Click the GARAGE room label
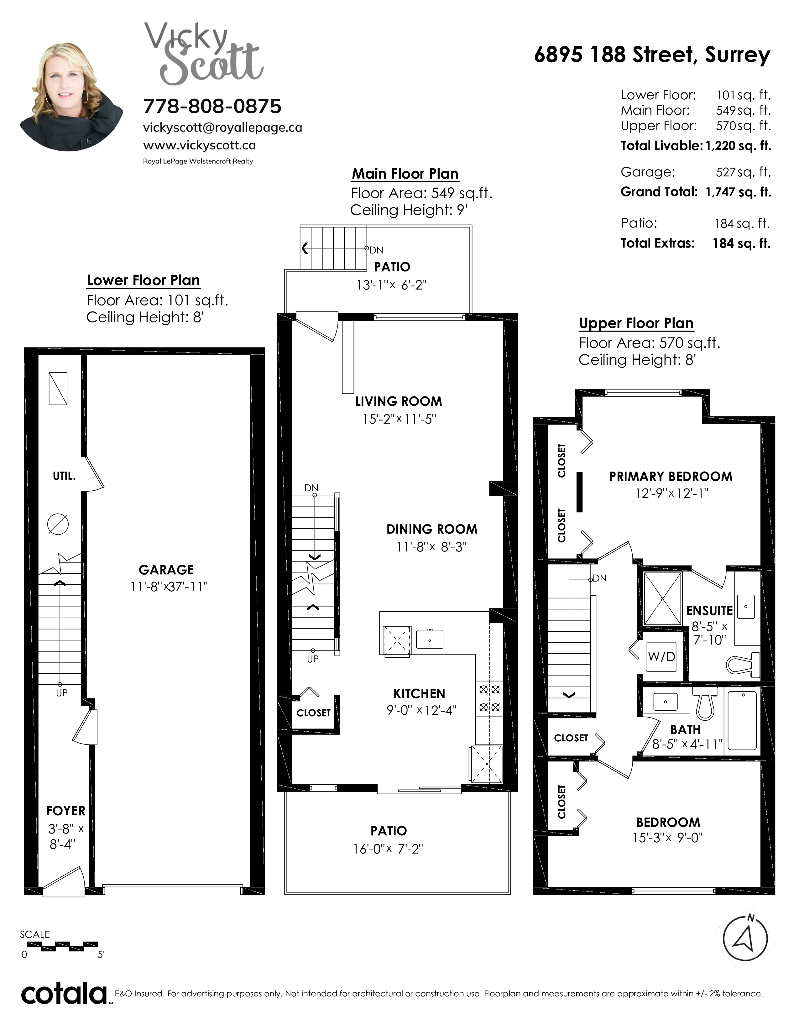166,570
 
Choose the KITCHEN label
419,694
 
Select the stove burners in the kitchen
489,699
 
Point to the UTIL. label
64,476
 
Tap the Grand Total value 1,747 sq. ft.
738,192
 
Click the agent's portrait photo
71,97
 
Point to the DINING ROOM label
432,529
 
